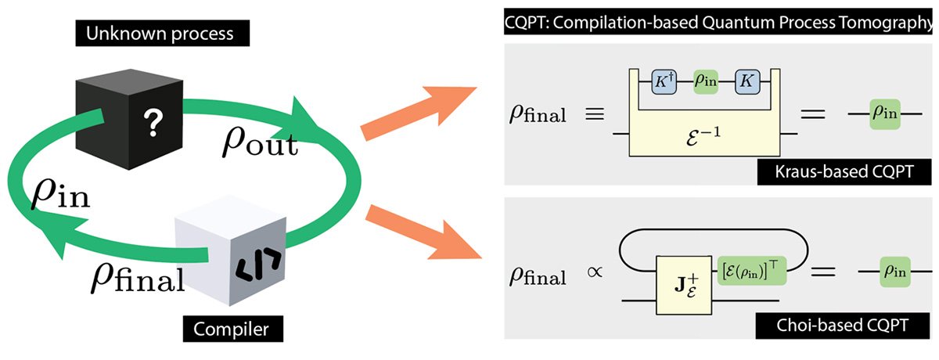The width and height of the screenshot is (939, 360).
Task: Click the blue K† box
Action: (x=664, y=81)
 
